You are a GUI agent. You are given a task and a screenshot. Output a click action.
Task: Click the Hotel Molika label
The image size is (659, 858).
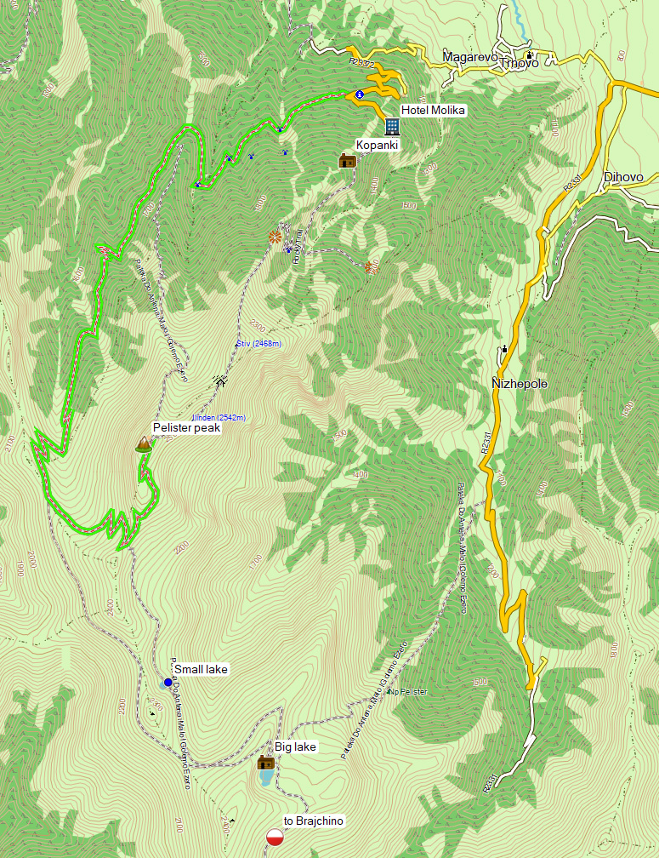click(434, 110)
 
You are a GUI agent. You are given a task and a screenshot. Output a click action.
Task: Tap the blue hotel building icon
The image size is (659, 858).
click(392, 127)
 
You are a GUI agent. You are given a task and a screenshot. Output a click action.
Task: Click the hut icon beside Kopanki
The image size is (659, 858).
click(347, 160)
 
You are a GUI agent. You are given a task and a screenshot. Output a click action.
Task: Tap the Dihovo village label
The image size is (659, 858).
click(622, 177)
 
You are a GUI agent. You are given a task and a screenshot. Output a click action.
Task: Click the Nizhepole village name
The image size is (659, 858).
click(520, 384)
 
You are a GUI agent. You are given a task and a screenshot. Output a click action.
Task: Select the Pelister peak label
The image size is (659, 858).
click(186, 428)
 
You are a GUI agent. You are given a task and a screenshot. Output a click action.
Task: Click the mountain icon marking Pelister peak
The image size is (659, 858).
click(144, 443)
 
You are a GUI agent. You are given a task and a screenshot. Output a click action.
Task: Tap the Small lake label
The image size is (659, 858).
click(201, 670)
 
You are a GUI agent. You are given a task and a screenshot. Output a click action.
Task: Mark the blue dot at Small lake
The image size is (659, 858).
click(168, 683)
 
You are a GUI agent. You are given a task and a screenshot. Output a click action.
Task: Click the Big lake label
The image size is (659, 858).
click(295, 746)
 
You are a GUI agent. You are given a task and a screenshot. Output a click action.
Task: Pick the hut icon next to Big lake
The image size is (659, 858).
click(265, 762)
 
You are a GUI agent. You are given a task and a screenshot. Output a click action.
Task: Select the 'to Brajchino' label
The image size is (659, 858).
click(314, 821)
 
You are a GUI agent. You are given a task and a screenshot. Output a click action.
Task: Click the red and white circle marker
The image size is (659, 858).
click(275, 837)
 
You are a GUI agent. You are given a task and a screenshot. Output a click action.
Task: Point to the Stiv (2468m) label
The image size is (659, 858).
click(258, 344)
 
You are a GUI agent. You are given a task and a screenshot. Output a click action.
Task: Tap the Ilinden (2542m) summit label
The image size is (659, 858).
click(219, 417)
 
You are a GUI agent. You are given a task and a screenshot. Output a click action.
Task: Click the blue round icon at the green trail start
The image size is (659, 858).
click(360, 94)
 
